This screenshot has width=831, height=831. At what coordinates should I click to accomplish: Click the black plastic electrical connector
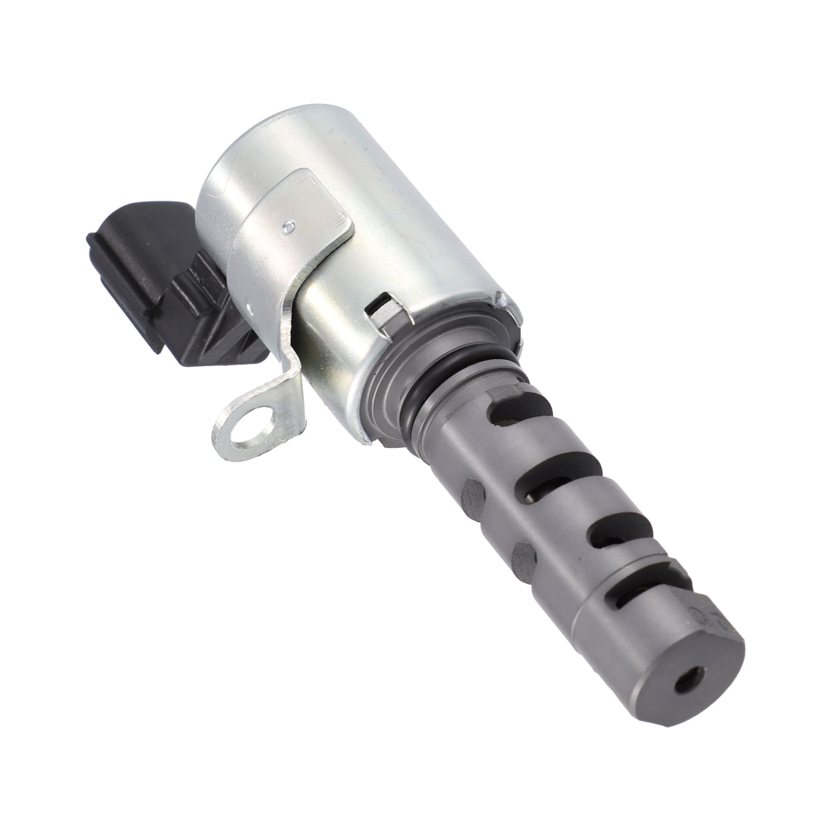pyautogui.click(x=142, y=275)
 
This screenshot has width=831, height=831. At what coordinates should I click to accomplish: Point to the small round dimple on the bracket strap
pyautogui.click(x=290, y=224)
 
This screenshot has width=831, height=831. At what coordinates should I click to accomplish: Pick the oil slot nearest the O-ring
pyautogui.click(x=521, y=411)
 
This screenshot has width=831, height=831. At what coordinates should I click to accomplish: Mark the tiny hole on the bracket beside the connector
pyautogui.click(x=250, y=306)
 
